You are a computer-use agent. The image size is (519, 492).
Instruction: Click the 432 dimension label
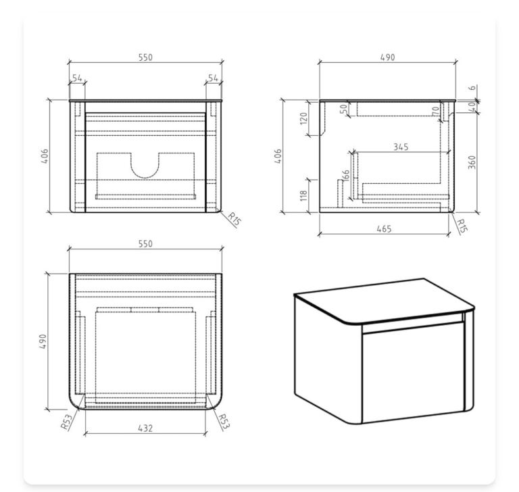pyautogui.click(x=145, y=428)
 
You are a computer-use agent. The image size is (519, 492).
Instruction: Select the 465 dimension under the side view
pyautogui.click(x=384, y=229)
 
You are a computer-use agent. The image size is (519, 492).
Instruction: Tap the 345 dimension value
pyautogui.click(x=401, y=147)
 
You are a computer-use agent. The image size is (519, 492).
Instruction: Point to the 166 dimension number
pyautogui.click(x=345, y=175)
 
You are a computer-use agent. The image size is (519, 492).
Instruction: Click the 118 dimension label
pyautogui.click(x=303, y=195)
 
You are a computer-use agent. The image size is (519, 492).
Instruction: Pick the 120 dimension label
pyautogui.click(x=303, y=118)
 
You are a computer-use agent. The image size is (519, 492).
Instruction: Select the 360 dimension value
pyautogui.click(x=472, y=162)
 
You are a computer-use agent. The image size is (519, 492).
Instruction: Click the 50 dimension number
pyautogui.click(x=344, y=109)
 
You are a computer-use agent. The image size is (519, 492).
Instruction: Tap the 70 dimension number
pyautogui.click(x=436, y=111)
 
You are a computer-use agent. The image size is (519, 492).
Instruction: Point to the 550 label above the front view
pyautogui.click(x=145, y=57)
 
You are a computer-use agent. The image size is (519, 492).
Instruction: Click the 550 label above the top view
pyautogui.click(x=145, y=244)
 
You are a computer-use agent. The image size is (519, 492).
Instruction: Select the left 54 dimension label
pyautogui.click(x=77, y=78)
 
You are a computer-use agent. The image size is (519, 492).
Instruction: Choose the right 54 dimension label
pyautogui.click(x=213, y=78)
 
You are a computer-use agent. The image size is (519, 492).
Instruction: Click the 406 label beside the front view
pyautogui.click(x=45, y=156)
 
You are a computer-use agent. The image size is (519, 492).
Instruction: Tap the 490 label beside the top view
pyautogui.click(x=43, y=341)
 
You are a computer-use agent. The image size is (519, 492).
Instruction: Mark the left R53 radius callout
pyautogui.click(x=66, y=422)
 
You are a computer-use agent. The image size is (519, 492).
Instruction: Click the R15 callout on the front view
pyautogui.click(x=234, y=219)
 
